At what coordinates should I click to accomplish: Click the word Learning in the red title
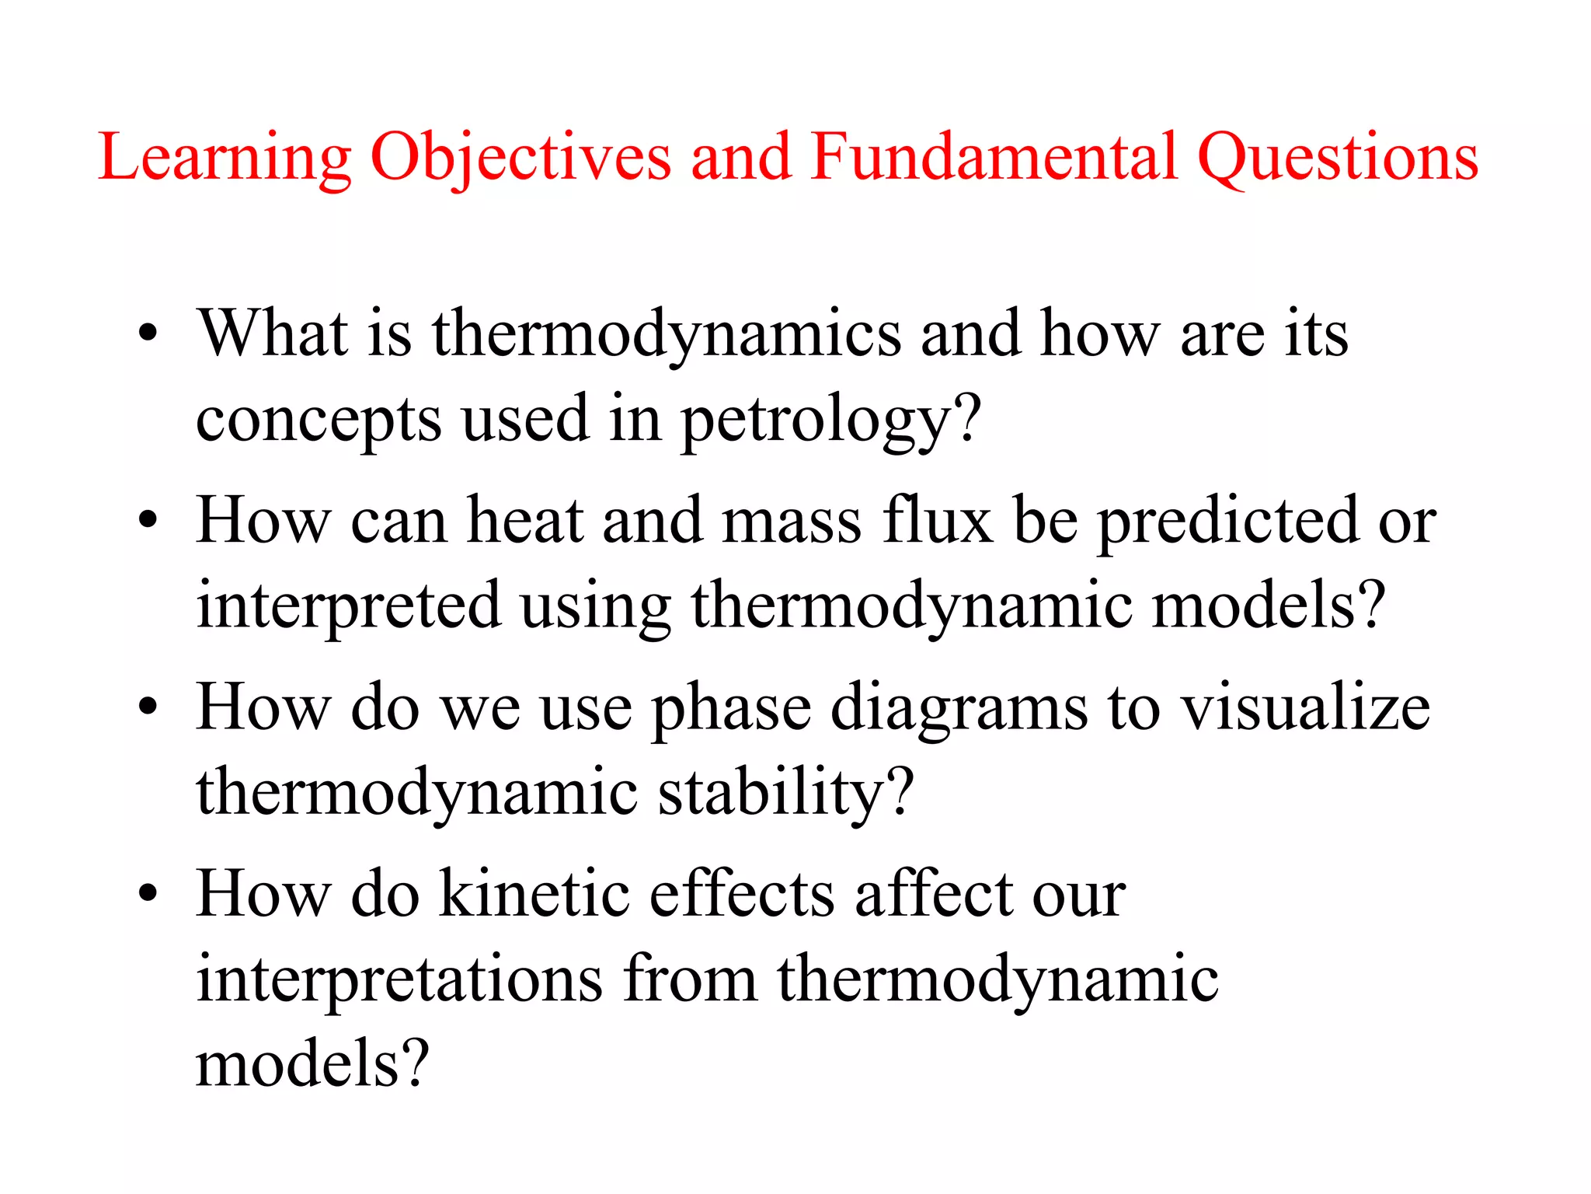(225, 159)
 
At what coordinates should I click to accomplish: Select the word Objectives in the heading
(520, 159)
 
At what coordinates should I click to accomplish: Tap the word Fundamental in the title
(994, 157)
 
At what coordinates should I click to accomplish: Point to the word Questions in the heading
(1338, 159)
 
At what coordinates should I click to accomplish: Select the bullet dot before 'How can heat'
(148, 520)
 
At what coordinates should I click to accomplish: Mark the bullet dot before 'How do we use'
(148, 707)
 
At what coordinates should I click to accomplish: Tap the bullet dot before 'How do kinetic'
(148, 893)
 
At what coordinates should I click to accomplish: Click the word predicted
(1227, 521)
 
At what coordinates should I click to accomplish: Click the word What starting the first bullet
(272, 333)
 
